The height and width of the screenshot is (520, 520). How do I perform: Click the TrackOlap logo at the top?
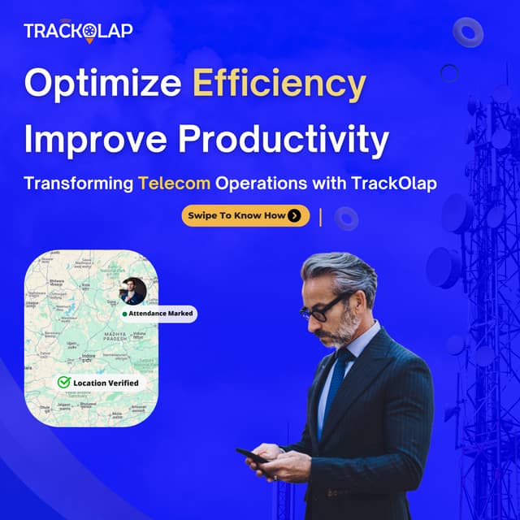tap(77, 31)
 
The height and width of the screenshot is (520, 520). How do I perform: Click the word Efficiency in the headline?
tap(279, 84)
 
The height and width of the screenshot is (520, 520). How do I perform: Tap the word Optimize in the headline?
tap(102, 84)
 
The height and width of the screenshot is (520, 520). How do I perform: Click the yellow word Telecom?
tap(174, 183)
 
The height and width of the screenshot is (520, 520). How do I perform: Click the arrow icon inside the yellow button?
tap(294, 215)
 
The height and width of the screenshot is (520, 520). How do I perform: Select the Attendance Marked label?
tap(158, 313)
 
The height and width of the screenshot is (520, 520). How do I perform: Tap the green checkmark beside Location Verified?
tap(63, 382)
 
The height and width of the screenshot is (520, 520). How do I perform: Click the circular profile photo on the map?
tap(132, 290)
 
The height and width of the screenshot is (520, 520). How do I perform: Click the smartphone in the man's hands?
tap(253, 456)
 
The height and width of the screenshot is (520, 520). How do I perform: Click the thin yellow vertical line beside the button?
tap(321, 216)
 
